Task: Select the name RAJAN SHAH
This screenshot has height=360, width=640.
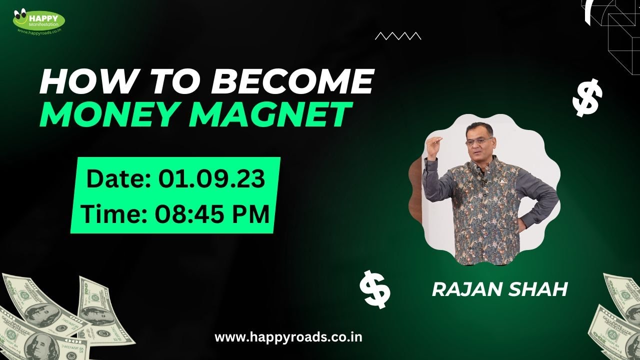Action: [499, 289]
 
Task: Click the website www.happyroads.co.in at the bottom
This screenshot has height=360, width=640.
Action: [288, 337]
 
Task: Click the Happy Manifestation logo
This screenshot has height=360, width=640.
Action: [39, 20]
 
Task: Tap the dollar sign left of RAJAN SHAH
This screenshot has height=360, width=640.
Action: [375, 288]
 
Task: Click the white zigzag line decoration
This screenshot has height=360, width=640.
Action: [397, 35]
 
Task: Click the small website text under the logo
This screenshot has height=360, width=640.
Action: [39, 30]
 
